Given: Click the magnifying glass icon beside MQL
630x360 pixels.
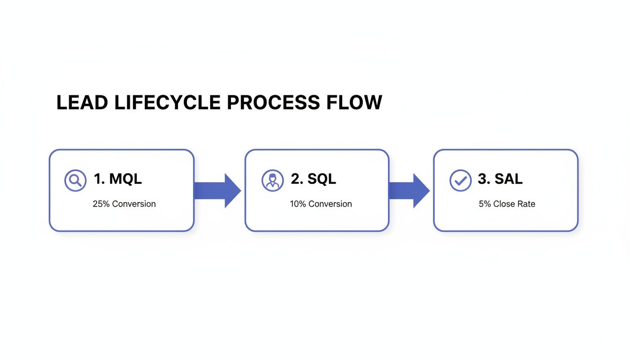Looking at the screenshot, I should [75, 180].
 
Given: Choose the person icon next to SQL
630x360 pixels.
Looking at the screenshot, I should [272, 180].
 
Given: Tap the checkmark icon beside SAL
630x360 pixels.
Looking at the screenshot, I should [460, 180].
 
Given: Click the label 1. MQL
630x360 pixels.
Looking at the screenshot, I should [118, 179].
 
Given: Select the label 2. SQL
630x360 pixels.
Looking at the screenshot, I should [314, 179].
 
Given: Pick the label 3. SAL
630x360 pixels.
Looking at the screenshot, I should [500, 179].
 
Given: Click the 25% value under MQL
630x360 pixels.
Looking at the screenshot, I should [101, 204].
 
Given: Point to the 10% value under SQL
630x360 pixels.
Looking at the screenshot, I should [298, 204].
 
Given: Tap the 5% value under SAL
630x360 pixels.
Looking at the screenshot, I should [485, 204].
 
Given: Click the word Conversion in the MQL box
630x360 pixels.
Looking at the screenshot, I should [134, 204].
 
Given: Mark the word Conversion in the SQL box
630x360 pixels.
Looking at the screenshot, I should [330, 204].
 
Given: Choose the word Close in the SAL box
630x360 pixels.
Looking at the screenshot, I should [504, 204].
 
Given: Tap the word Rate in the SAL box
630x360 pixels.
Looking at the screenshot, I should [526, 204].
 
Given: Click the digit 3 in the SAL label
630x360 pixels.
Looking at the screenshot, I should [482, 179].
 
